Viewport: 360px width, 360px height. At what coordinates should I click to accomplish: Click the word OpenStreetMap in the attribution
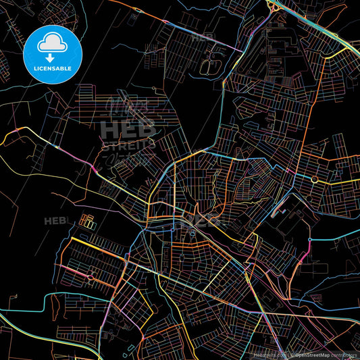tap(311, 354)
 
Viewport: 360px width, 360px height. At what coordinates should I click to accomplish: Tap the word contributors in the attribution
tap(344, 354)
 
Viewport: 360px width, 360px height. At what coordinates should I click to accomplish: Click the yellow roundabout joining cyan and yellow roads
tap(315, 179)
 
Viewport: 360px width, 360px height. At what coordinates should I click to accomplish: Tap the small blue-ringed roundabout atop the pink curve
tap(310, 239)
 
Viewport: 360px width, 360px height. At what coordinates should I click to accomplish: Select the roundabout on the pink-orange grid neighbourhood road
tap(91, 276)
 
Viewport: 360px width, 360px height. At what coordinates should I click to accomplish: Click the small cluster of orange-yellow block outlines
tap(87, 221)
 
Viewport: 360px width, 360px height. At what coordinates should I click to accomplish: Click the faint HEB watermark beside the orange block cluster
tap(56, 221)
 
